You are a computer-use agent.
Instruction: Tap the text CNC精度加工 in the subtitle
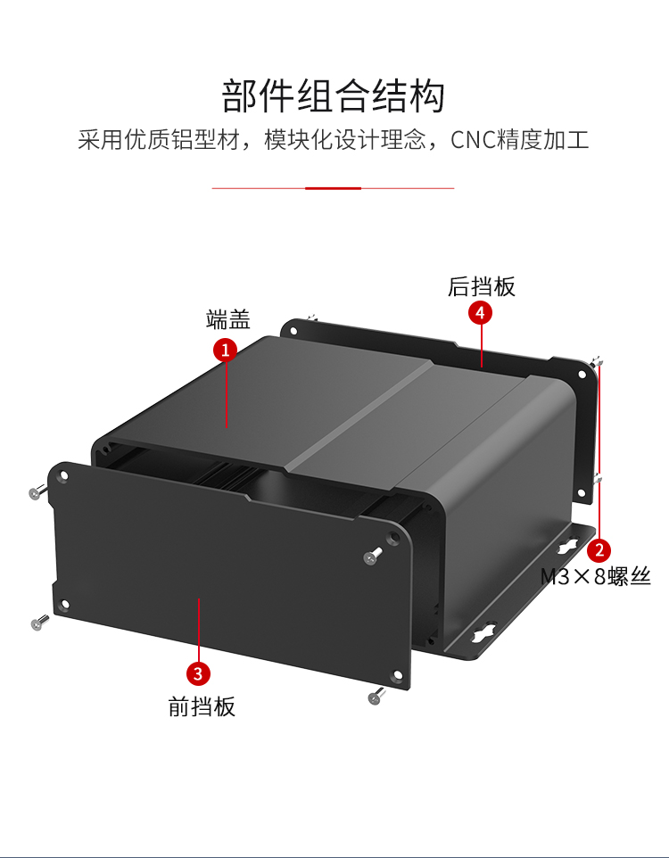[520, 141]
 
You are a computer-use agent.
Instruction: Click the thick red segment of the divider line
[333, 188]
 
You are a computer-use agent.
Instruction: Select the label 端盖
[227, 319]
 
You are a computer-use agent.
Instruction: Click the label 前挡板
[202, 706]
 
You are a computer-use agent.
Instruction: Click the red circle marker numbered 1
[225, 350]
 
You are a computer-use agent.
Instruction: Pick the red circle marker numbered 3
[198, 672]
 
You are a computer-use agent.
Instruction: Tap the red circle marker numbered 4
[481, 313]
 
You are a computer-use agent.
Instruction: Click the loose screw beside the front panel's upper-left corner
[36, 491]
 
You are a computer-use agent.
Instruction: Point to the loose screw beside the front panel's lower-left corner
[37, 623]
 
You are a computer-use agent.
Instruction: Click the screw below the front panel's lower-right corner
[376, 696]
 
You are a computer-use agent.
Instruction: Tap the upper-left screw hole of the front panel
[64, 476]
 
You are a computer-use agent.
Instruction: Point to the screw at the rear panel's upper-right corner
[595, 362]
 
